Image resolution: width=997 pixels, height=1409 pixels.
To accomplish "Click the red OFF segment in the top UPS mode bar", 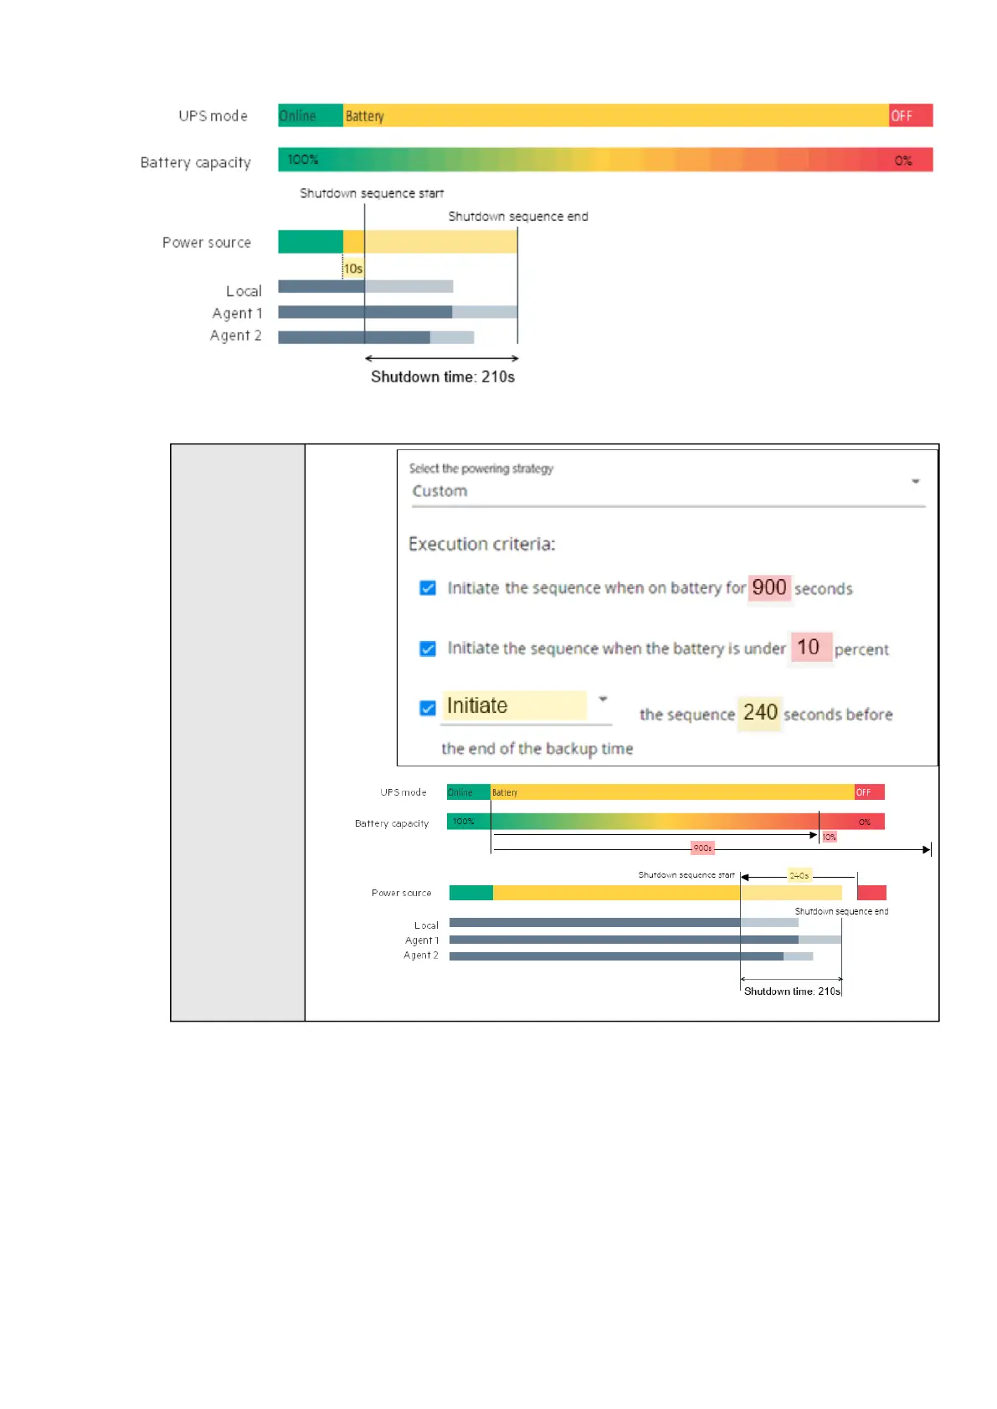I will click(910, 115).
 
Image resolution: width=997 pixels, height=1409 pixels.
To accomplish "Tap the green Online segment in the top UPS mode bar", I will click(310, 115).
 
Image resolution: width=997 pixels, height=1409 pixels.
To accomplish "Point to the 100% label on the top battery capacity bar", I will click(303, 160).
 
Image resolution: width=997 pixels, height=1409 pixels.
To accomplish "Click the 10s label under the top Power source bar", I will click(353, 269).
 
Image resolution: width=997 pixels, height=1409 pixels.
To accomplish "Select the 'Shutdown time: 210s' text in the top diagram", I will click(443, 377).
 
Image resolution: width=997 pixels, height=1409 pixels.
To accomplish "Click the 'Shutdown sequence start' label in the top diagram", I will click(372, 193).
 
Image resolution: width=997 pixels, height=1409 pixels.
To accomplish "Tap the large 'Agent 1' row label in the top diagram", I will click(237, 313).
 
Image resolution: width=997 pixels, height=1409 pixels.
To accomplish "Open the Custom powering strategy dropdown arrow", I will click(915, 481).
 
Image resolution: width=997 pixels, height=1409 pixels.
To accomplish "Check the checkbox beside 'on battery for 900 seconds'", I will click(428, 588).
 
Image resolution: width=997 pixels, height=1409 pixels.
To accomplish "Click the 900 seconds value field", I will click(768, 587).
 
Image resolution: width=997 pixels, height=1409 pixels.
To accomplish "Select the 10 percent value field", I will click(809, 647).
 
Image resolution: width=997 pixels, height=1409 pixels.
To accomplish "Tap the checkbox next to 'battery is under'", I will click(428, 648).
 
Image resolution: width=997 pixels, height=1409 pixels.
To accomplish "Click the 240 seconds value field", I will click(760, 713).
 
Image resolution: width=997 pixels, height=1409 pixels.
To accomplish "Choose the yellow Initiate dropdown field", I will click(515, 706).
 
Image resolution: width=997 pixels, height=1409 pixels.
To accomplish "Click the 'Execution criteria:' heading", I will click(481, 544).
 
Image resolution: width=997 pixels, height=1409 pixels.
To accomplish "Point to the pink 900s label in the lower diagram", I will click(702, 848).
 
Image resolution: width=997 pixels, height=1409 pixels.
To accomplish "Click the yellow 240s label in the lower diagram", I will click(799, 875).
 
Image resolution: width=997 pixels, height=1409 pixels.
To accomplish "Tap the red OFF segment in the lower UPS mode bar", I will click(869, 792).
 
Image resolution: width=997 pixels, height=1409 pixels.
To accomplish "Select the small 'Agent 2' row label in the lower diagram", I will click(421, 955).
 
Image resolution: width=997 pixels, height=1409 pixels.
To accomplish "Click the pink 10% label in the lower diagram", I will click(829, 837).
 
